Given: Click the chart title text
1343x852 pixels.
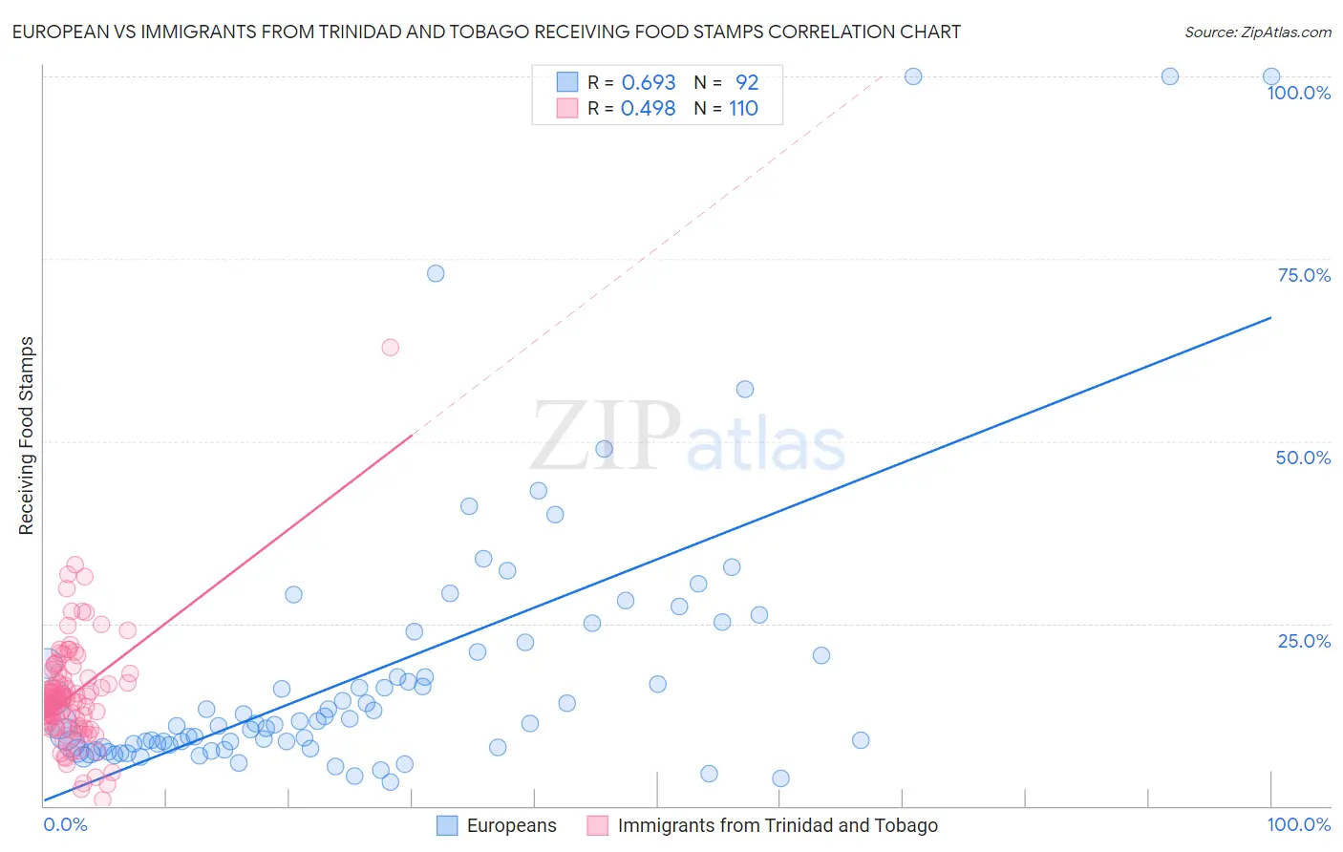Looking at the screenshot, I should click(486, 32).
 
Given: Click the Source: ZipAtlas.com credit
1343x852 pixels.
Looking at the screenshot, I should click(1257, 32).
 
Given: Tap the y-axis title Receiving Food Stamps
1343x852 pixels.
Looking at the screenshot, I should click(26, 436).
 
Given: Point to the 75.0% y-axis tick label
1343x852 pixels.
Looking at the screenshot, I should click(1303, 275).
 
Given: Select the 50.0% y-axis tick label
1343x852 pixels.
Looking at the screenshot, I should click(1303, 458).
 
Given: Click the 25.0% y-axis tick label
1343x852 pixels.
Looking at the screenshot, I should click(1303, 641).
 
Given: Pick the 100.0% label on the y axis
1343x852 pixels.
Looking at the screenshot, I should click(1298, 93).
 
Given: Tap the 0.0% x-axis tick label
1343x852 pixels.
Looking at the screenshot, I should click(65, 825).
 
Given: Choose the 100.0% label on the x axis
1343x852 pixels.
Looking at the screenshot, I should click(1298, 825).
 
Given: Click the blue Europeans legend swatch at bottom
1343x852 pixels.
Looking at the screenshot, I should click(447, 825).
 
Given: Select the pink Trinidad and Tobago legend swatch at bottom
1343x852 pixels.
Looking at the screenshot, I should click(598, 825).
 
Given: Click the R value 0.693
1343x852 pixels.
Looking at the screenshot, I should click(649, 82).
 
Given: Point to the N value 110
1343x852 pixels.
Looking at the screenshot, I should click(743, 109).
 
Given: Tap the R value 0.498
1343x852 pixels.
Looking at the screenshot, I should click(648, 109).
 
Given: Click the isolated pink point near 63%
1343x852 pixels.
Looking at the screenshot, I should click(390, 348).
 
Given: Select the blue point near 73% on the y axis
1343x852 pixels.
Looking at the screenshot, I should click(436, 273).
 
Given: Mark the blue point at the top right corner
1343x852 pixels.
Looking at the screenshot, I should click(1271, 76).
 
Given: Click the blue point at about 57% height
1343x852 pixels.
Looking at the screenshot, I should click(745, 389).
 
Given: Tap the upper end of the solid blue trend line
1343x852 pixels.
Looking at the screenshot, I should click(1270, 317).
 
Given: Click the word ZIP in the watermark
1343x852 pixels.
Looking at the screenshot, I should click(606, 437).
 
